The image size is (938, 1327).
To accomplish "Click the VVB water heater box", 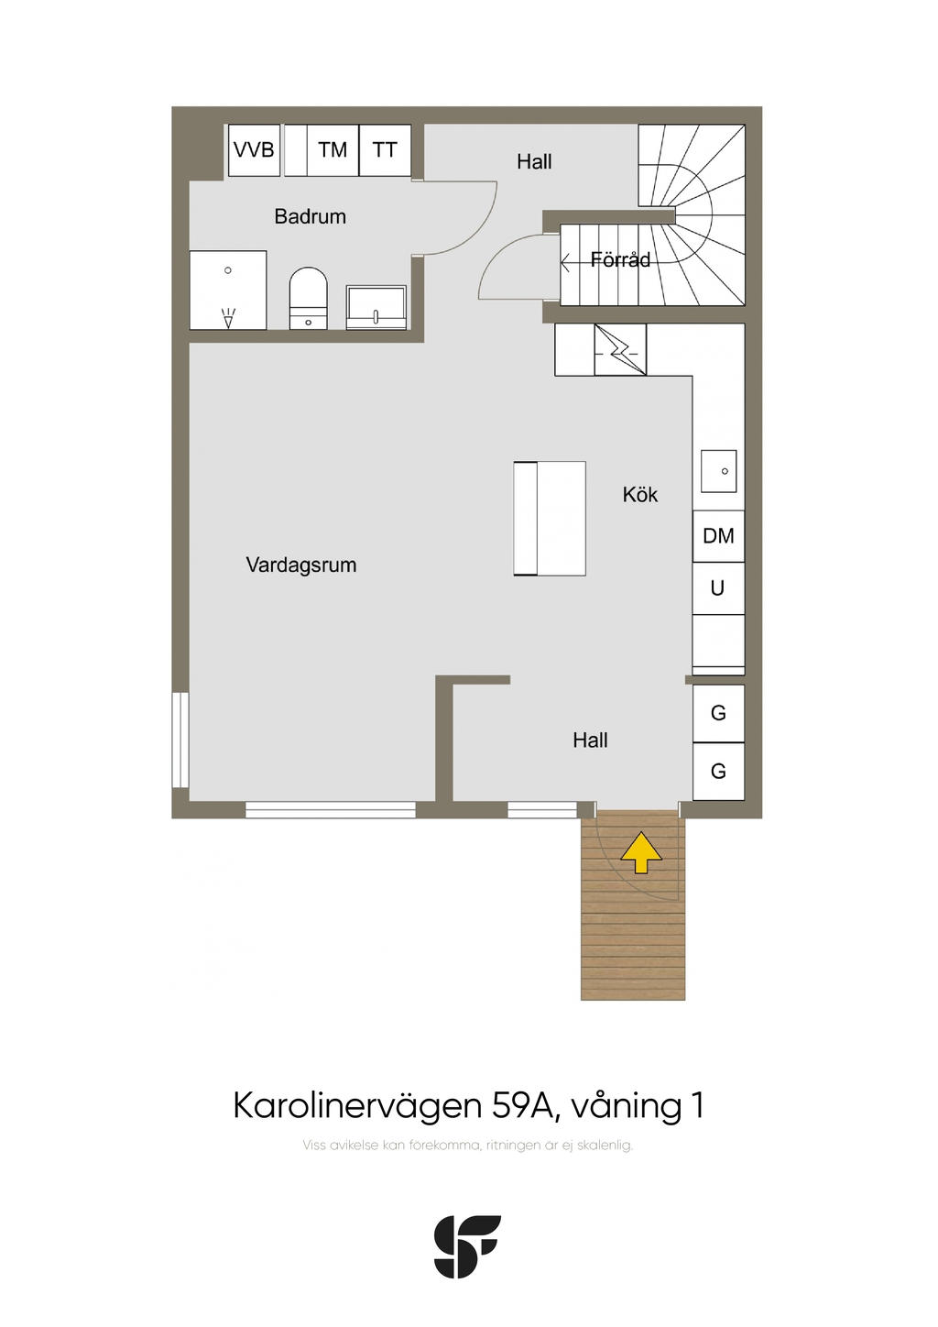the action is (254, 150).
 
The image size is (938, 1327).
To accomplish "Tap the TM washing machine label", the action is (333, 150).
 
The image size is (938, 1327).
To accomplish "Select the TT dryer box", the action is (385, 150).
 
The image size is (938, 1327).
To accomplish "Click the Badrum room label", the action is (311, 217).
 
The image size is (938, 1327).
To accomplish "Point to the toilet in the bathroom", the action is (308, 298).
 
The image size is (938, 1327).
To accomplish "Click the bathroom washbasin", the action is (376, 307).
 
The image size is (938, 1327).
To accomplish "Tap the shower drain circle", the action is (227, 270).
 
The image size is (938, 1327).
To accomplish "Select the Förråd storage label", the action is (620, 259).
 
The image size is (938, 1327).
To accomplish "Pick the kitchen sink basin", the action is (719, 471).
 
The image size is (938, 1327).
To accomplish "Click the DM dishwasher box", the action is (718, 536).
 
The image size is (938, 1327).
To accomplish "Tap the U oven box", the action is (718, 588).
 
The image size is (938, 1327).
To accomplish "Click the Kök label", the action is (640, 495).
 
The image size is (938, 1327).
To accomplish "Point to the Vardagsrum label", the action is (301, 565).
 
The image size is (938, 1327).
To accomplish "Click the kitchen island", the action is (550, 519).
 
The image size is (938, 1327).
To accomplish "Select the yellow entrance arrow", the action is (640, 852).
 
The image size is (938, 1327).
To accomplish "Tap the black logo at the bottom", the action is (468, 1245).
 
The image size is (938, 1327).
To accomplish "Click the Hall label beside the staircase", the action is (534, 161).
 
